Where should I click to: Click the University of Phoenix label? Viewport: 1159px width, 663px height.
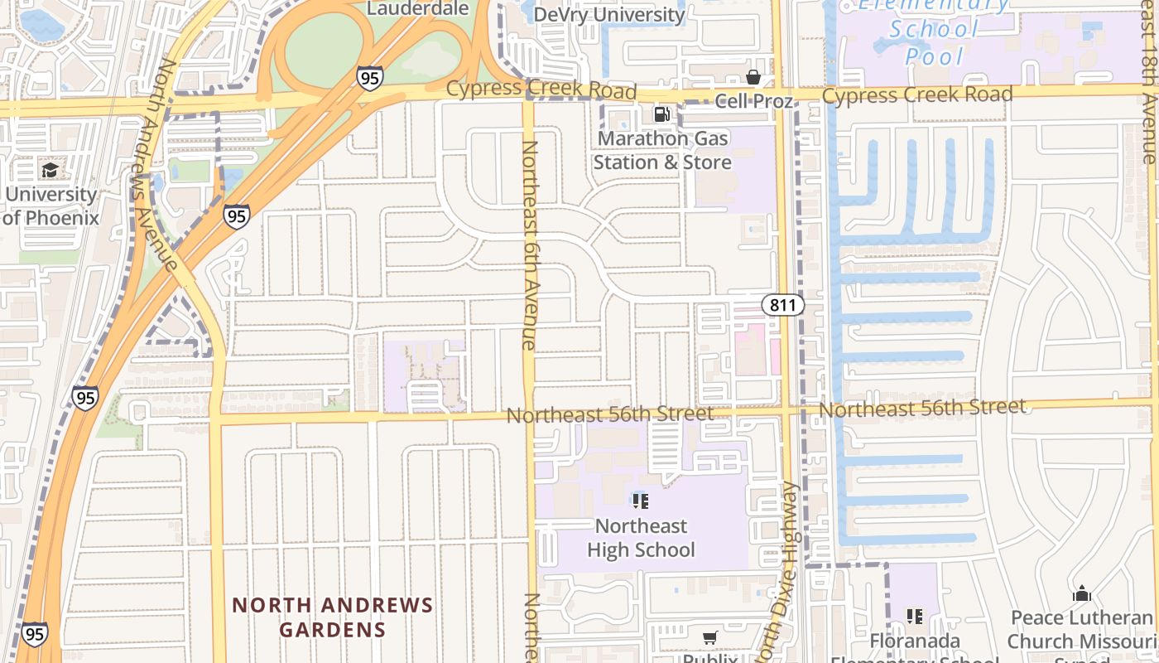coord(50,206)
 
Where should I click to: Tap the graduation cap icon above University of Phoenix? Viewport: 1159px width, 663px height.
coord(50,171)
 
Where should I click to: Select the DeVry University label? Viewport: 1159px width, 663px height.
coord(608,15)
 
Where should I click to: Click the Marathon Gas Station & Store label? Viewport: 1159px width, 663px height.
coord(661,150)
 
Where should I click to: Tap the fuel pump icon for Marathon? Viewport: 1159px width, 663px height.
coord(661,114)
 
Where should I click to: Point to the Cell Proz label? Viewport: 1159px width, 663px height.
coord(753,101)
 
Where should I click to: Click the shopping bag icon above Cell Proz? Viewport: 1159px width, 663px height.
coord(753,78)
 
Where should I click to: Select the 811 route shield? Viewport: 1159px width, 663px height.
coord(782,305)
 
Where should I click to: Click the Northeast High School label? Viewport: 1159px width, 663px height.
coord(641,538)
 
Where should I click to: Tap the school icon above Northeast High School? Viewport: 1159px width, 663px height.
coord(640,501)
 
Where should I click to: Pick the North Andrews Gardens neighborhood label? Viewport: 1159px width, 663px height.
coord(332,617)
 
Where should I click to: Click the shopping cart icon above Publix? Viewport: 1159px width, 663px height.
coord(709,637)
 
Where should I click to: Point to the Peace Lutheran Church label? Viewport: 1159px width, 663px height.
coord(1082,630)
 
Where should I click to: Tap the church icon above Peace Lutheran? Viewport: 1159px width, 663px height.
coord(1081,594)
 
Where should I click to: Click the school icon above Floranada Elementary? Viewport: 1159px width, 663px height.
coord(914,616)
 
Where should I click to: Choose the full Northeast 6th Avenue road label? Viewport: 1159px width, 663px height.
coord(529,244)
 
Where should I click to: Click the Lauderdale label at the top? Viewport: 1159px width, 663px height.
coord(417,9)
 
